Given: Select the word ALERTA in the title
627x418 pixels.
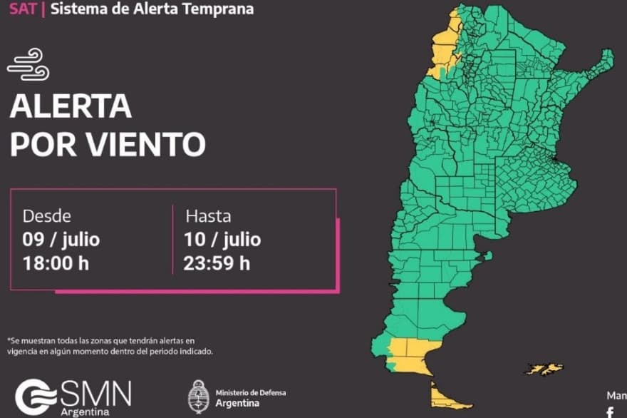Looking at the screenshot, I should (71, 108).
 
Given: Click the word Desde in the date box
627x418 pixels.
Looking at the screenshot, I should (47, 216).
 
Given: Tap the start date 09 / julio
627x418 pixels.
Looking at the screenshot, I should (61, 239).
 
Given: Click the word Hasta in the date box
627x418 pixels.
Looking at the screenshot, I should (208, 216).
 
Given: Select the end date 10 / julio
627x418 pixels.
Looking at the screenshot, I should (222, 239).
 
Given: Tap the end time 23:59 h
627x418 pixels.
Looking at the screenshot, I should (217, 262).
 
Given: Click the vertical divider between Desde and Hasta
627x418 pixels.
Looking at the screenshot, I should (172, 240).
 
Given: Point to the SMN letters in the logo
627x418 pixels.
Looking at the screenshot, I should (95, 393).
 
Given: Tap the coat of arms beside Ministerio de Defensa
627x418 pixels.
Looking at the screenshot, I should (197, 397).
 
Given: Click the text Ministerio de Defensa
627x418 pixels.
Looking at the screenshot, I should (249, 392).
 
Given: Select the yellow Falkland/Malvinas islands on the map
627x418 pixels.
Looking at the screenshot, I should (545, 369).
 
